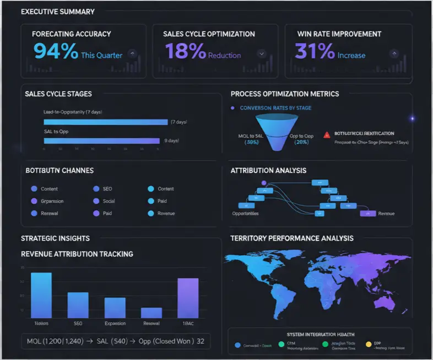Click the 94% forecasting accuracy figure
[x=56, y=51]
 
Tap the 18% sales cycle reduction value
[x=185, y=51]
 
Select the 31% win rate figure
[x=315, y=51]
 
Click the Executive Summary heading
[x=58, y=12]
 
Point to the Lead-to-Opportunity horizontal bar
[x=105, y=122]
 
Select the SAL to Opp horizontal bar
[x=101, y=141]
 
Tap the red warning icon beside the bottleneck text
[x=327, y=134]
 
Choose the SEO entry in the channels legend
[x=107, y=189]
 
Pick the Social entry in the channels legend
[x=109, y=201]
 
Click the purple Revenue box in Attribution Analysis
[x=367, y=212]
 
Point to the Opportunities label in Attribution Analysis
[x=245, y=213]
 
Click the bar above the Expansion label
[x=115, y=308]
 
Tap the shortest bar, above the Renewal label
[x=151, y=312]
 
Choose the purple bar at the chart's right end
[x=188, y=298]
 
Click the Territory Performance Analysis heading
[x=292, y=238]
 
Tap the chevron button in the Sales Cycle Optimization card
[x=262, y=53]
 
